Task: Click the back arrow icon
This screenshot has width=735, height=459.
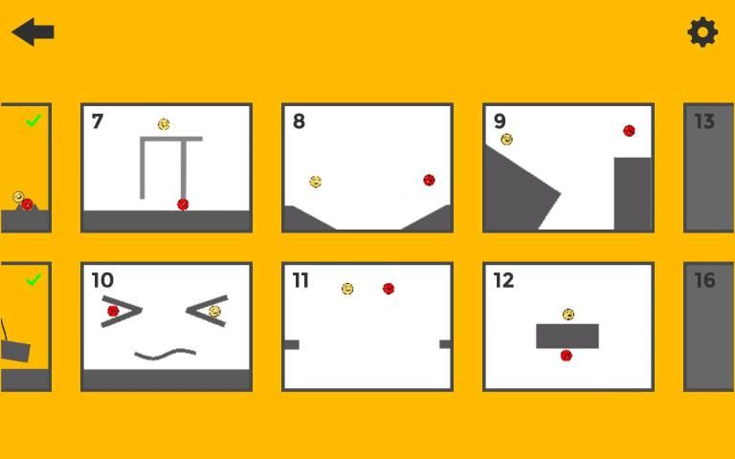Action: click(x=33, y=32)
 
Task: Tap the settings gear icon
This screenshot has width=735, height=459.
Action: click(x=702, y=33)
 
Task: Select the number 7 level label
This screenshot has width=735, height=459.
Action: click(x=97, y=121)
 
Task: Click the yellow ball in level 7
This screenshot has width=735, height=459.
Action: click(x=164, y=124)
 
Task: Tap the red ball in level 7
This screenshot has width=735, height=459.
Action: click(x=183, y=205)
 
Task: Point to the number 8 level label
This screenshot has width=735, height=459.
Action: click(x=299, y=121)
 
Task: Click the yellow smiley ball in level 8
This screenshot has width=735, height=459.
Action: click(x=316, y=182)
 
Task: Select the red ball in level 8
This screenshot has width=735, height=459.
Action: click(x=429, y=180)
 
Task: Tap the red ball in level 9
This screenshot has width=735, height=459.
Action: click(x=629, y=131)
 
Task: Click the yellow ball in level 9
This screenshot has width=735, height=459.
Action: click(x=506, y=139)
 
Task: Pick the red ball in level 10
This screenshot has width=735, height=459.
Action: click(x=113, y=311)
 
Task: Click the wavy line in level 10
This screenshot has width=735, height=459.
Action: click(x=165, y=354)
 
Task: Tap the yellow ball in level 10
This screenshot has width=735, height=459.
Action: click(x=214, y=312)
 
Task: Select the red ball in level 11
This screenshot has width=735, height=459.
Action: click(x=389, y=289)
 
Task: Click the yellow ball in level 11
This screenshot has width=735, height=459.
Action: click(x=347, y=289)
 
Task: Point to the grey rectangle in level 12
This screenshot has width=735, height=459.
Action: click(x=568, y=336)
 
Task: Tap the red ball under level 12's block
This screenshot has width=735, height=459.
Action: click(x=567, y=356)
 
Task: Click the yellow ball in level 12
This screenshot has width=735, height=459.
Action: click(x=568, y=314)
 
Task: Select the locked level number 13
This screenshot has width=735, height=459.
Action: click(x=704, y=121)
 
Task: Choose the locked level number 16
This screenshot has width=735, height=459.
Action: click(x=704, y=280)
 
